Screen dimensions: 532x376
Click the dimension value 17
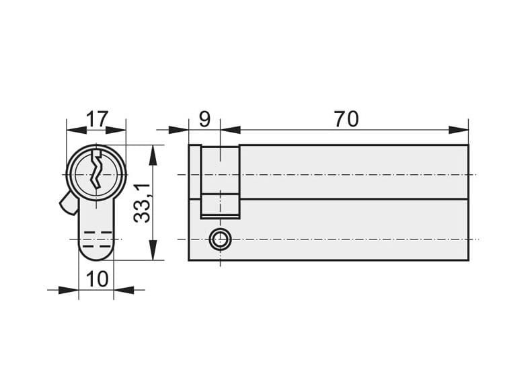(97, 118)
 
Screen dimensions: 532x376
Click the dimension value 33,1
(142, 203)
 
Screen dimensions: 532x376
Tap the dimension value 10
(97, 279)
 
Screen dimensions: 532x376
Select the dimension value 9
(204, 119)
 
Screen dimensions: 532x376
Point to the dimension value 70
(346, 119)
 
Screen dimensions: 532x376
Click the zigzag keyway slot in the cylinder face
(96, 169)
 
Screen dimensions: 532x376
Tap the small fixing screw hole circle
(219, 239)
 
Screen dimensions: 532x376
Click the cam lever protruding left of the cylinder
(69, 204)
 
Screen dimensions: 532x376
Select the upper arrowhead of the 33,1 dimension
(153, 156)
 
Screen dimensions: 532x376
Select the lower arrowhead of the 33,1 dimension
(153, 250)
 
